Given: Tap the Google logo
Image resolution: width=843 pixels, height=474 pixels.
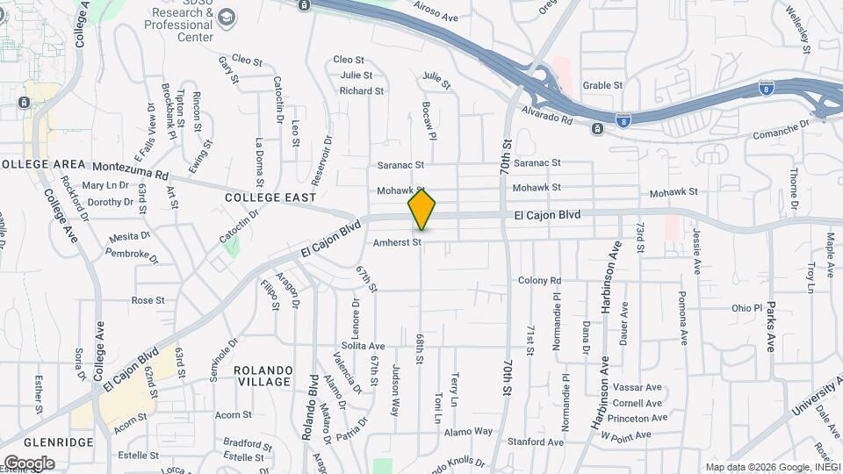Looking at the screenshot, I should click(29, 463).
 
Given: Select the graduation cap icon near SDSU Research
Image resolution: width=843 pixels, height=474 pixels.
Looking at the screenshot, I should click(227, 18).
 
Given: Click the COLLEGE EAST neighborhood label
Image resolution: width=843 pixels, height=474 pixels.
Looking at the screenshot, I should click(270, 198).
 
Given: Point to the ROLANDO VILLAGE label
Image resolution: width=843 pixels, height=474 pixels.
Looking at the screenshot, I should click(263, 376).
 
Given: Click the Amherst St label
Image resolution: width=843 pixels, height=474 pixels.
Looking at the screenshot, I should click(398, 241).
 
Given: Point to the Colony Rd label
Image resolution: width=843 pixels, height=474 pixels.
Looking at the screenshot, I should click(539, 281).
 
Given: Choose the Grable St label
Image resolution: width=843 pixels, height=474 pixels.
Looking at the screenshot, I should click(602, 86).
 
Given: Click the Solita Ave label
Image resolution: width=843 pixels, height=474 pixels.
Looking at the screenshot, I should click(364, 346).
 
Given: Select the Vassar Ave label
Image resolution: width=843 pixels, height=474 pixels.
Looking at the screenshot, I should click(640, 387).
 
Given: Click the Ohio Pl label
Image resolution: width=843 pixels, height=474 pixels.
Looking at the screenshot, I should click(747, 308).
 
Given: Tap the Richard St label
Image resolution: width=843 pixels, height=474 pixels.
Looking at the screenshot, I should click(362, 90).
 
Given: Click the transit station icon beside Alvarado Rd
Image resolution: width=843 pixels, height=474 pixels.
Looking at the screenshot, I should click(597, 130).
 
